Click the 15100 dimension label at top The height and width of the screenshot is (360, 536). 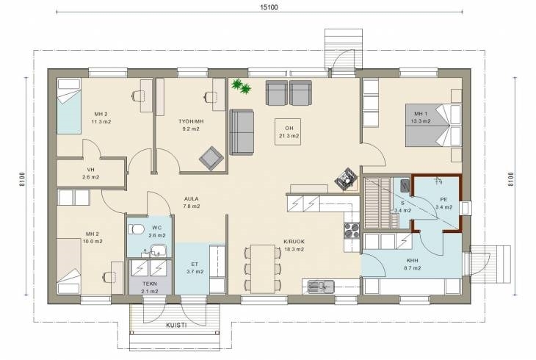pyautogui.click(x=269, y=7)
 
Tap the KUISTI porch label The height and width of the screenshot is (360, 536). pyautogui.click(x=176, y=325)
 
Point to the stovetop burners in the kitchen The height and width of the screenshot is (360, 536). pyautogui.click(x=352, y=230)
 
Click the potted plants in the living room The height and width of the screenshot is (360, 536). pyautogui.click(x=242, y=86)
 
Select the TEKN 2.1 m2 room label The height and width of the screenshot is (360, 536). pyautogui.click(x=150, y=287)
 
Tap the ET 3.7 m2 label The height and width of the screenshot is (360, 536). pyautogui.click(x=195, y=268)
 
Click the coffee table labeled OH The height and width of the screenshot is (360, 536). pyautogui.click(x=288, y=132)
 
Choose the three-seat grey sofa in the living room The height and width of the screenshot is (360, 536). pyautogui.click(x=242, y=132)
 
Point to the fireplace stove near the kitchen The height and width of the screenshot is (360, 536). pyautogui.click(x=346, y=178)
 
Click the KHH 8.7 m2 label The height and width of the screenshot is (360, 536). pyautogui.click(x=412, y=264)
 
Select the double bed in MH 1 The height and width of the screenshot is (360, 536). pyautogui.click(x=433, y=125)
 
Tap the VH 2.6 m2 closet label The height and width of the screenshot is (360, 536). pyautogui.click(x=90, y=173)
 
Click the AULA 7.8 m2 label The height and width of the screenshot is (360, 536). pyautogui.click(x=191, y=202)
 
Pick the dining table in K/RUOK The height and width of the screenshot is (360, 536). pyautogui.click(x=263, y=269)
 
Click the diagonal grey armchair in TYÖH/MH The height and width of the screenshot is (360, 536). pyautogui.click(x=211, y=158)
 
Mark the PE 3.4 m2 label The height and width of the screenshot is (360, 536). pyautogui.click(x=443, y=204)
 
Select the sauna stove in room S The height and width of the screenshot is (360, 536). pyautogui.click(x=405, y=185)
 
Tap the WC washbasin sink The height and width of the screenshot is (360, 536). pyautogui.click(x=157, y=251)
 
